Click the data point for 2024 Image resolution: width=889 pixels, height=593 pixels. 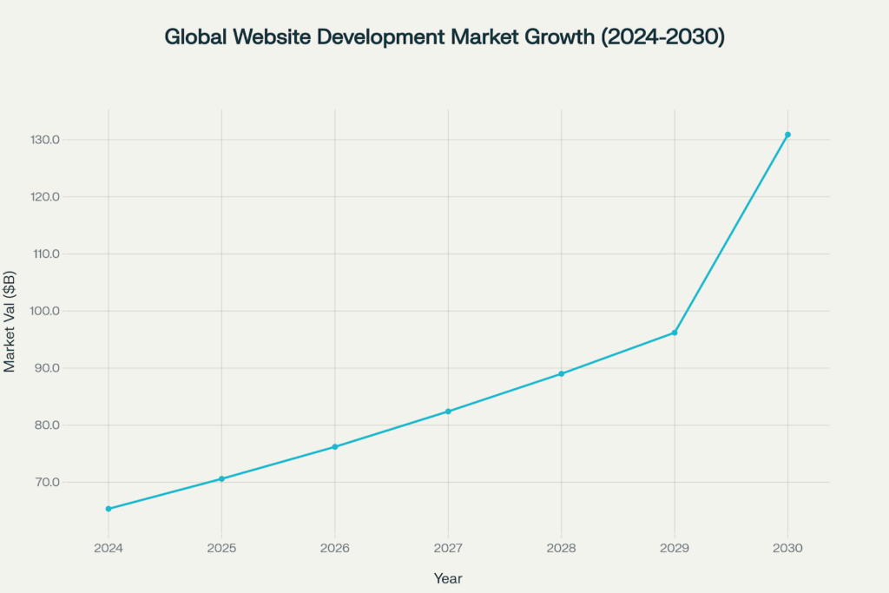[x=109, y=509]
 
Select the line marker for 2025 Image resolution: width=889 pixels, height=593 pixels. [x=221, y=478]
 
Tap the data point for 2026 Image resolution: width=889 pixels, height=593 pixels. [x=335, y=447]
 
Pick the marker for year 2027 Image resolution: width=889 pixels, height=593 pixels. [x=448, y=412]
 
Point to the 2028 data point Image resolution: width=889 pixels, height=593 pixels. [x=562, y=373]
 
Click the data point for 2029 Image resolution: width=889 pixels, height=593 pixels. [x=675, y=333]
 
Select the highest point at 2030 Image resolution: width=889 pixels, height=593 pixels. [x=787, y=135]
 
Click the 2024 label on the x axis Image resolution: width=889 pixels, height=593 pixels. [x=109, y=549]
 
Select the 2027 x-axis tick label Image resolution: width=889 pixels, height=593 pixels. [x=448, y=549]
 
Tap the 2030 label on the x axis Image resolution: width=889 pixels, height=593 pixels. [x=787, y=549]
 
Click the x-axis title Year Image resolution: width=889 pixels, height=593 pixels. [x=448, y=577]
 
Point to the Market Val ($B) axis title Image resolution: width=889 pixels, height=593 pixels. [x=10, y=311]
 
